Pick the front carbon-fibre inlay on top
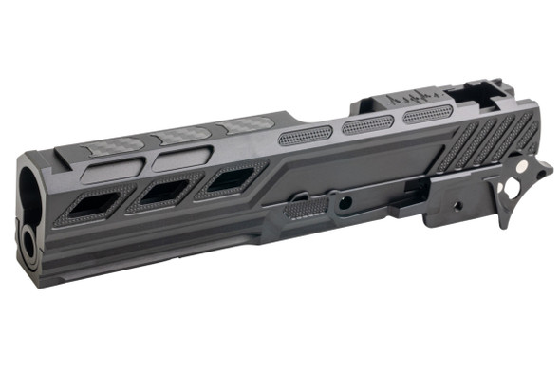(x=115, y=145)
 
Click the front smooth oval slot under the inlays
(x=112, y=170)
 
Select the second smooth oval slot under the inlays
(x=179, y=159)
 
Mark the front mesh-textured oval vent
(x=305, y=135)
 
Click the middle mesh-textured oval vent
(x=367, y=123)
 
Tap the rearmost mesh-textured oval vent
(x=427, y=114)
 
